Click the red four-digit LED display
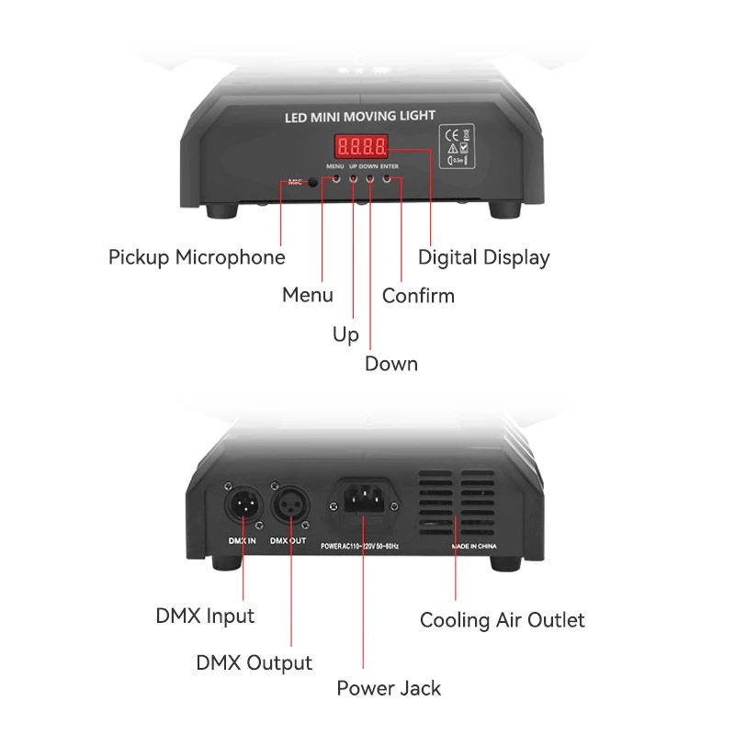360,146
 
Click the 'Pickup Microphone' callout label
197,257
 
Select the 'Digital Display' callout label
483,257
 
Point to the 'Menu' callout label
308,296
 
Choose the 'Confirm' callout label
418,296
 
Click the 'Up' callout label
345,335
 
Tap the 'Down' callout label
391,364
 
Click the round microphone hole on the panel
313,182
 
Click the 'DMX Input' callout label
205,616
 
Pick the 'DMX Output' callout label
254,662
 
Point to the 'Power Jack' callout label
389,688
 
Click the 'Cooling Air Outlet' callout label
502,620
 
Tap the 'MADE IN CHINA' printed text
473,545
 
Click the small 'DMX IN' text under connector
242,541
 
